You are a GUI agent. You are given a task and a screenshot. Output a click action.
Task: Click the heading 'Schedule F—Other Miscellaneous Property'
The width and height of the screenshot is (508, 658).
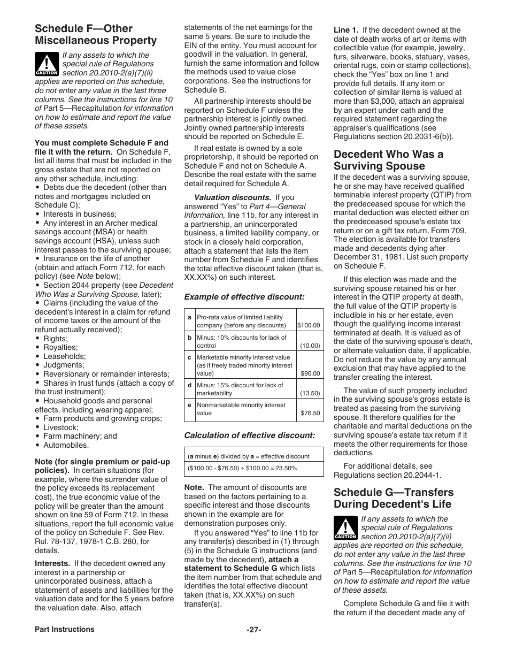click(96, 34)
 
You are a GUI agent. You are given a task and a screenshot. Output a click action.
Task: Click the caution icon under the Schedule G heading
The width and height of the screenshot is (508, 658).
click(345, 527)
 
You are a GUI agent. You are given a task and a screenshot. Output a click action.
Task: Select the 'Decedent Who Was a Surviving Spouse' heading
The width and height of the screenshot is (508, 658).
click(388, 160)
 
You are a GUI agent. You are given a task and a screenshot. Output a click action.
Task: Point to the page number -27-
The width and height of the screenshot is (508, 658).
click(253, 629)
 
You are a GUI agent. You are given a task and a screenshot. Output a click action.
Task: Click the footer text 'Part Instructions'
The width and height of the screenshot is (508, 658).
click(64, 629)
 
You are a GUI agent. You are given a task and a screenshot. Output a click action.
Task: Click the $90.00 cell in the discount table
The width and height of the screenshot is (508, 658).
click(310, 373)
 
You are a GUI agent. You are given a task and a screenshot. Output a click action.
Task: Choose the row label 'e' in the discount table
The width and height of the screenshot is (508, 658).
click(189, 405)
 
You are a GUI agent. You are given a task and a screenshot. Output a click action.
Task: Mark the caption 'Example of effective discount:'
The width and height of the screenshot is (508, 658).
click(244, 296)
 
